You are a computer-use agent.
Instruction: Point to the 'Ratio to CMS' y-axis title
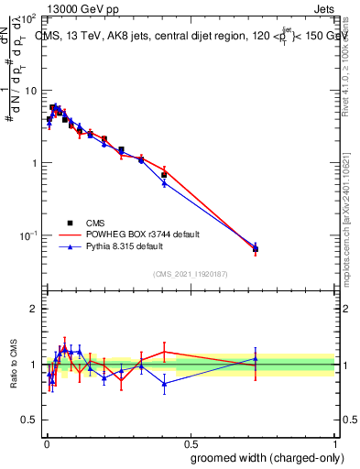[x=13, y=364]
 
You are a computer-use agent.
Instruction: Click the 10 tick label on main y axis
[x=29, y=92]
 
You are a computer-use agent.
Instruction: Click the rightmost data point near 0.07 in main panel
[x=256, y=248]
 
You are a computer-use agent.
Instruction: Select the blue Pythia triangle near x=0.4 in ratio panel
[x=164, y=384]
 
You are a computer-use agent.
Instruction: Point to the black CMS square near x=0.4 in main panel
[x=164, y=174]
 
